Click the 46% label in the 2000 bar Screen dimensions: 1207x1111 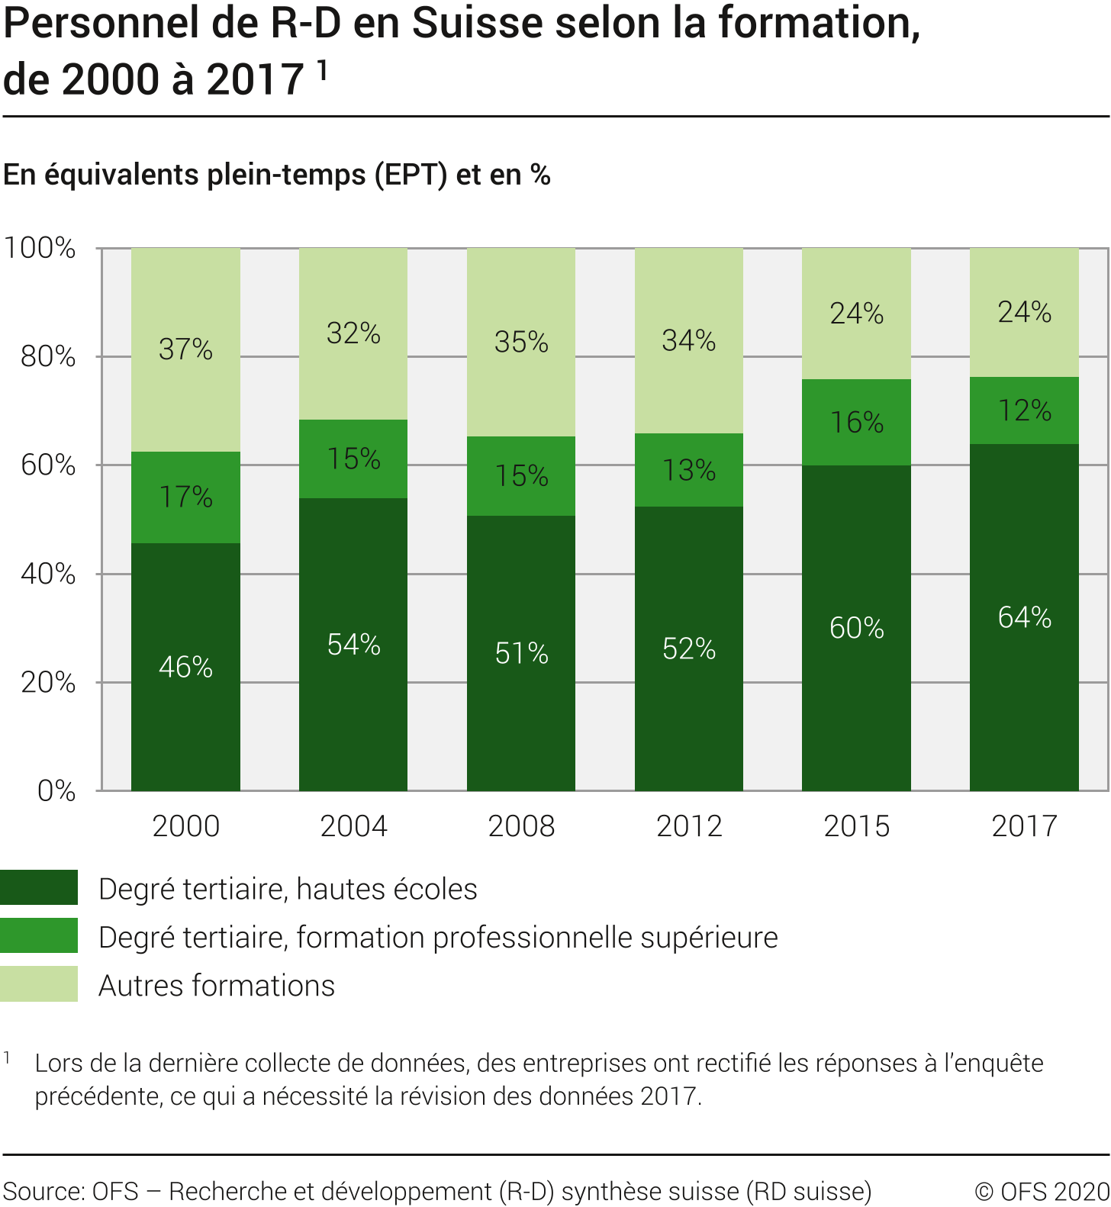tap(185, 667)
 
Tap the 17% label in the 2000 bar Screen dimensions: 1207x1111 tap(185, 497)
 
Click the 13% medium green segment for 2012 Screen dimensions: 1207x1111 tap(688, 470)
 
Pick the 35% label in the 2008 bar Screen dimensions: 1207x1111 tap(521, 342)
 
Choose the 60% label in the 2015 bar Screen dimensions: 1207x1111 tap(856, 627)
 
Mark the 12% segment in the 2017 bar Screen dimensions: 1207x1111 tap(1024, 410)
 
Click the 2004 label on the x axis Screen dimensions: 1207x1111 tap(353, 826)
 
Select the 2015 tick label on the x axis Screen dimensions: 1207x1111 tap(856, 826)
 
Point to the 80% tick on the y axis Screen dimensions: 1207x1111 tap(48, 356)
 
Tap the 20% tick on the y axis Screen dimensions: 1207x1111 tap(48, 682)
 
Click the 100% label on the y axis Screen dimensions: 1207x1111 tap(40, 248)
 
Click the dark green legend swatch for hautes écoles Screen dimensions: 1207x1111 tap(39, 887)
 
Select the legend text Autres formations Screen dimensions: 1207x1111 tap(217, 985)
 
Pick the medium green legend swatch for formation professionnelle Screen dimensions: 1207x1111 tap(39, 935)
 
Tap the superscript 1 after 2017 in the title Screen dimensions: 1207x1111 tap(322, 69)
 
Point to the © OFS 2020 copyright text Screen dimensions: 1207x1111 tap(1042, 1191)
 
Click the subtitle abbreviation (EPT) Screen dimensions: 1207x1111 tap(411, 175)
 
